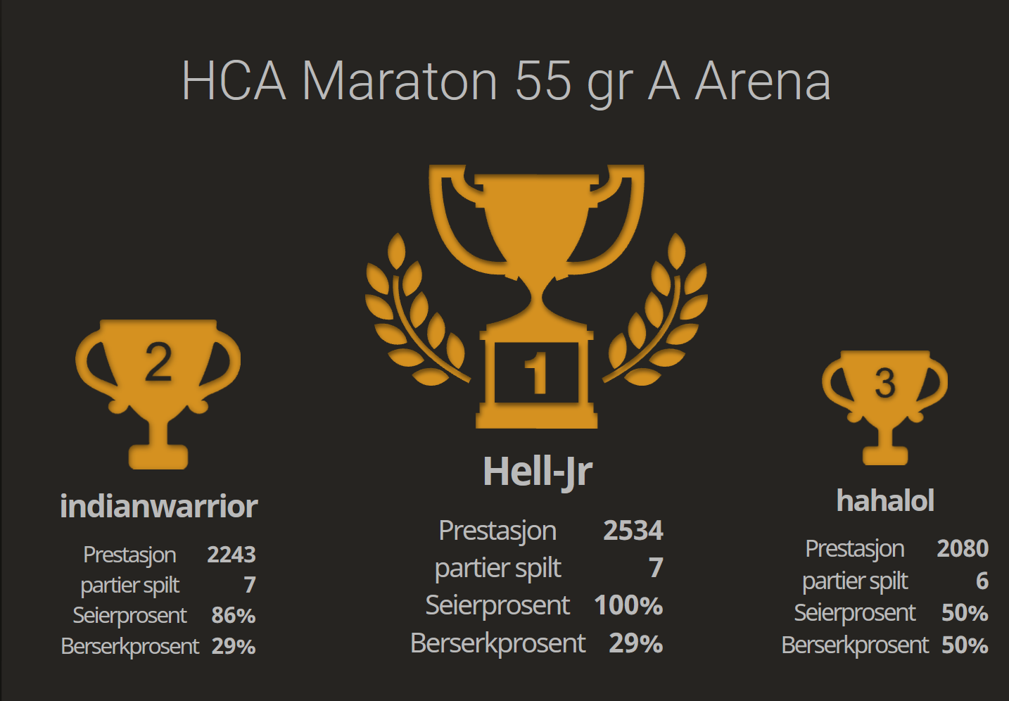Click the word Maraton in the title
400,81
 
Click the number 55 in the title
543,81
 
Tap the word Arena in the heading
763,81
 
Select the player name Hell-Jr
538,471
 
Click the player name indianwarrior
159,506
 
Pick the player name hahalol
885,500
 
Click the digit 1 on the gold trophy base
536,373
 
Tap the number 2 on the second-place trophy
158,362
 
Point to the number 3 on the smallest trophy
885,383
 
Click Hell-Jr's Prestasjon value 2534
633,531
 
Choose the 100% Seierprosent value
628,605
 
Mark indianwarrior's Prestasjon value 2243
231,555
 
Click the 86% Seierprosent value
234,615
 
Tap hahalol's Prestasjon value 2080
963,548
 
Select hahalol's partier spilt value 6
982,581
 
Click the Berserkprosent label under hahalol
855,645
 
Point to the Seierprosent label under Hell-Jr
497,605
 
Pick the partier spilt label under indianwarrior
130,585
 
